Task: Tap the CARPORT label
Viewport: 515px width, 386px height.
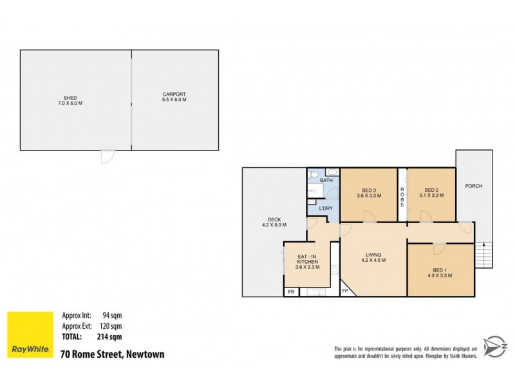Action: coord(174,97)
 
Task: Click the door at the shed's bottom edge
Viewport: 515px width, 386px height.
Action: coord(108,156)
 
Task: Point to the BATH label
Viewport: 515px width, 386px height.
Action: coord(327,181)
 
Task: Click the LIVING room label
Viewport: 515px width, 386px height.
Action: coord(373,257)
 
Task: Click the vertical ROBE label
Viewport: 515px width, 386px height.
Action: coord(402,196)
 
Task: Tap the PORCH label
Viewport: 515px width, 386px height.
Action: coord(474,186)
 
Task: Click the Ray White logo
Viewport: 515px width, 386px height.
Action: coord(30,335)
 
